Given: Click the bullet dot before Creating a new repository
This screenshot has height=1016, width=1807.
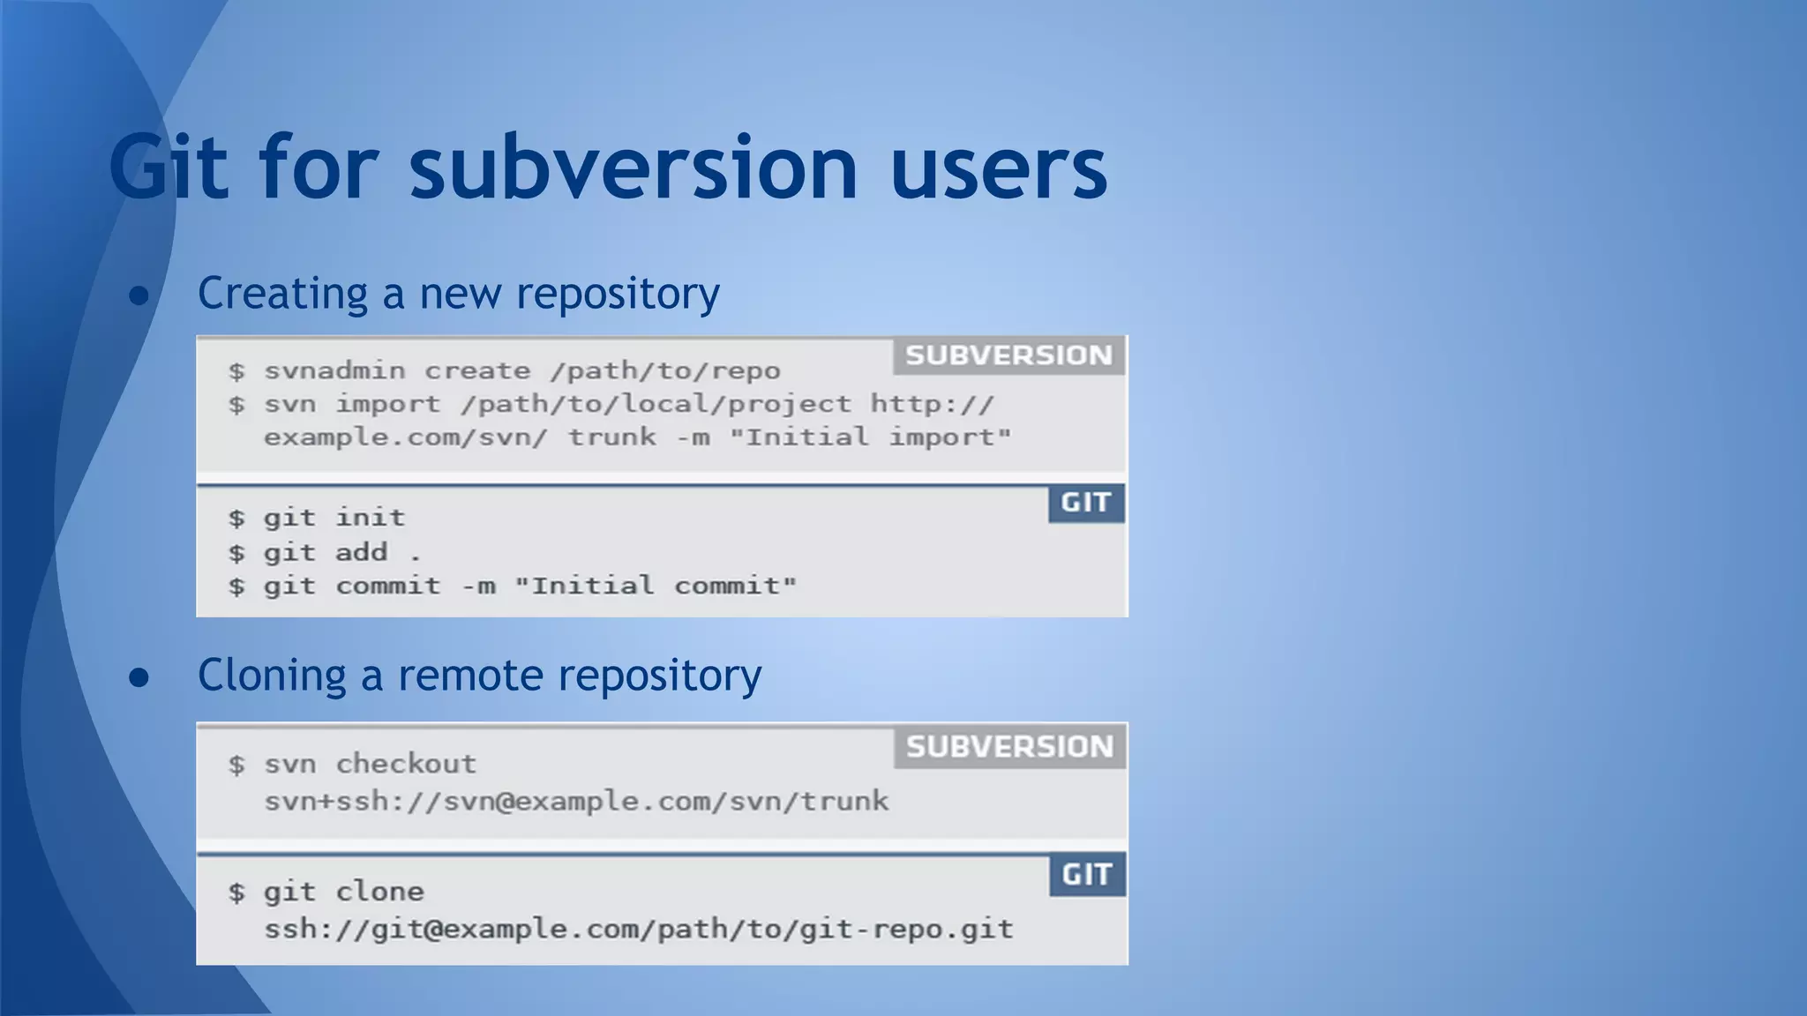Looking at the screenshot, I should coord(139,295).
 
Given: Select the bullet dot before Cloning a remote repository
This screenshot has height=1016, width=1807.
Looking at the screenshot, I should coord(139,677).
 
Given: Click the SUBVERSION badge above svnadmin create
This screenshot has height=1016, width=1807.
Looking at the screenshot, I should coord(1008,355).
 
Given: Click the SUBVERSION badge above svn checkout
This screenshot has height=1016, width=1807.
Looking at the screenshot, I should coord(1009,747).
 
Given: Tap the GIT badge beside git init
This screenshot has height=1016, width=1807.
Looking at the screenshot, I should coord(1086,503).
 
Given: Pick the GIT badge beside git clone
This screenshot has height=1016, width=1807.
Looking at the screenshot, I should coord(1087,875).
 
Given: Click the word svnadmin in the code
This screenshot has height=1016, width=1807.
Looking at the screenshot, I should coord(334,370).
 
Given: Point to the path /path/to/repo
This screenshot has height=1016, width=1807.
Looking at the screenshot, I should coord(665,370).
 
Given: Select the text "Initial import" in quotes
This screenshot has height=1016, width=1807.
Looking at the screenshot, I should coord(870,437).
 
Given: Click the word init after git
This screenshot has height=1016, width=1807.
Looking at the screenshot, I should coord(370,518).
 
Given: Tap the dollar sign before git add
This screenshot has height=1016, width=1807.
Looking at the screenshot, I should coord(236,554).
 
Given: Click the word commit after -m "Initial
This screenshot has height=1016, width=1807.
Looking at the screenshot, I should coord(734,586).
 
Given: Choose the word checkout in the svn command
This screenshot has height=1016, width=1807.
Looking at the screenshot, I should coord(406,764).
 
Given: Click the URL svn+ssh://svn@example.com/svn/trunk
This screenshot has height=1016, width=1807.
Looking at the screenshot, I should coord(576,802).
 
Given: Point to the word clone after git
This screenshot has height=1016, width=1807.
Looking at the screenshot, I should coord(379,892).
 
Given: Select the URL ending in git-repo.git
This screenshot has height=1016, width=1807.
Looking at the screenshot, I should coord(639,930).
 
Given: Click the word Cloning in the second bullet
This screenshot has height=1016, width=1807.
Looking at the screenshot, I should coord(272,676).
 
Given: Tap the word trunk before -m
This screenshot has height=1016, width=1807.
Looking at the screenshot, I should coord(611,437).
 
